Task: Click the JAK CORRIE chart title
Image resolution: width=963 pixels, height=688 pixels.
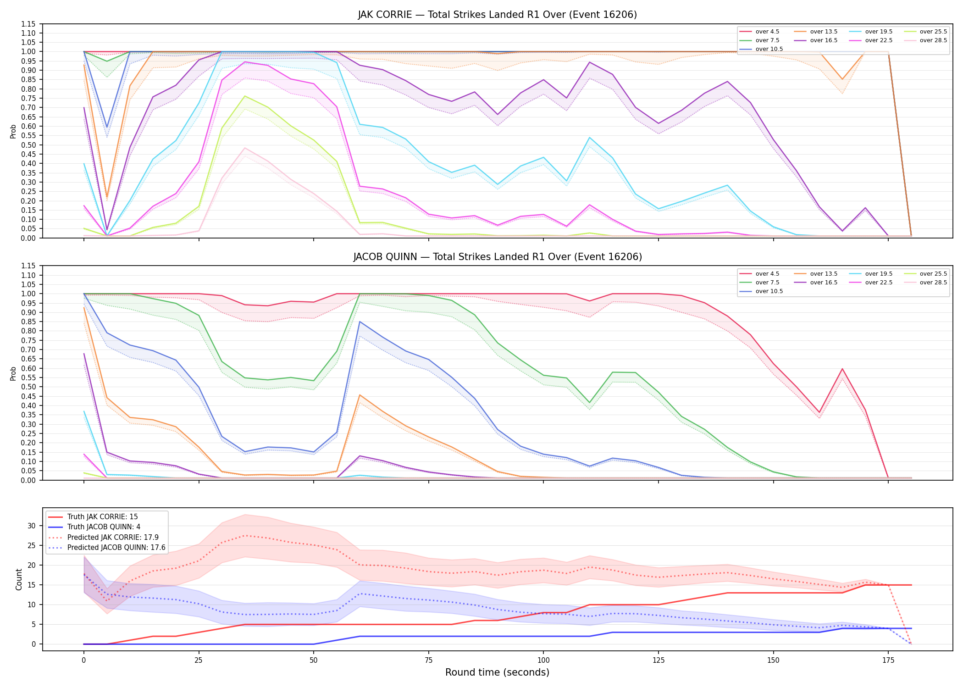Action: pos(497,15)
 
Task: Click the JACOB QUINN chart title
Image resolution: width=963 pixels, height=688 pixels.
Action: pos(497,257)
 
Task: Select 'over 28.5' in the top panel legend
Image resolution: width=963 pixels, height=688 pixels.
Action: pos(933,40)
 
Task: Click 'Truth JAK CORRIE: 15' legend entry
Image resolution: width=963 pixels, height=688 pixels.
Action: pos(102,517)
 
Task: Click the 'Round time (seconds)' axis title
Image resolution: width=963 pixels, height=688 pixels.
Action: pos(497,672)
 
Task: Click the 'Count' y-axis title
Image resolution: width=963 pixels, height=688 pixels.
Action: pos(19,579)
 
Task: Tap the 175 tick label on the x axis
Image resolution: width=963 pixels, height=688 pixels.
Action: pos(888,660)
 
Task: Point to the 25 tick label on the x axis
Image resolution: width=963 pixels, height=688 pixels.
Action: pos(199,660)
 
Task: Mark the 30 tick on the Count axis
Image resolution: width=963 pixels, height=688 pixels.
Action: pos(31,526)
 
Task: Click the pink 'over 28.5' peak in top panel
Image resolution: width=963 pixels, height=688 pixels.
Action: pos(245,148)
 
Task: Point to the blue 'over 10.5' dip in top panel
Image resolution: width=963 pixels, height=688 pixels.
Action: pos(107,127)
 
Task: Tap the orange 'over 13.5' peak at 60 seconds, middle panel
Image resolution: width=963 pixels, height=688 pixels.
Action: pos(360,395)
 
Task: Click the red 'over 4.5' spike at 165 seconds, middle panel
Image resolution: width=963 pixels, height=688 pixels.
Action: pos(842,369)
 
